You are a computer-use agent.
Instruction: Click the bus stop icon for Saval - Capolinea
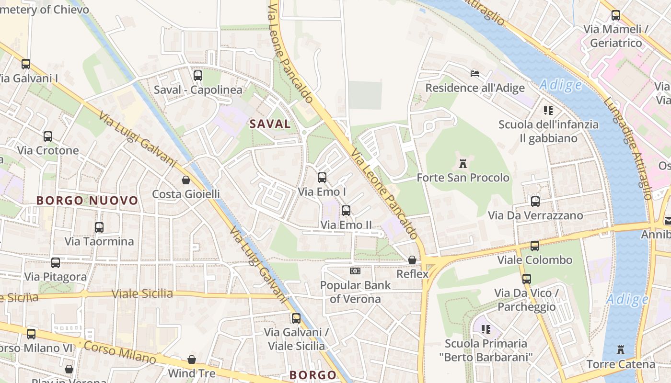[x=197, y=76]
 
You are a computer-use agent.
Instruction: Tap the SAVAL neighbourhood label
[x=270, y=124]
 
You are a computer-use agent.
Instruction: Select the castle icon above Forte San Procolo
[x=463, y=164]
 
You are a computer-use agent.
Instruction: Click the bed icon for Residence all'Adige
[x=474, y=74]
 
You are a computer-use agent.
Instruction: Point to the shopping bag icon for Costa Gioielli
[x=185, y=180]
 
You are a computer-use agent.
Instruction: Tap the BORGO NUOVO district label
[x=87, y=201]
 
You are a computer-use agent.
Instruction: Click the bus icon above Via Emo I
[x=322, y=178]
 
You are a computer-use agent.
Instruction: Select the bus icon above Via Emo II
[x=346, y=211]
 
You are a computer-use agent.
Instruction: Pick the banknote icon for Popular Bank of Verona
[x=355, y=271]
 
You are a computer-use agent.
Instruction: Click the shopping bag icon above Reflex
[x=412, y=260]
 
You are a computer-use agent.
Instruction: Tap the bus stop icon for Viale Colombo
[x=534, y=246]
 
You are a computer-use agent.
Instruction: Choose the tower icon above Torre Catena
[x=621, y=350]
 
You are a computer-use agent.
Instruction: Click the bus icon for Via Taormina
[x=99, y=227]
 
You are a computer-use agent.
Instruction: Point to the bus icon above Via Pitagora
[x=56, y=262]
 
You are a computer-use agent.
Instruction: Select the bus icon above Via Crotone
[x=47, y=136]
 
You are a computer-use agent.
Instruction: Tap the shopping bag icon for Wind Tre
[x=191, y=359]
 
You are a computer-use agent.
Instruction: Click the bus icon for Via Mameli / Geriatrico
[x=616, y=15]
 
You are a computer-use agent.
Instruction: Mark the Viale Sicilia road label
[x=142, y=293]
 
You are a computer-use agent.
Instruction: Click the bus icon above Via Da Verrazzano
[x=535, y=201]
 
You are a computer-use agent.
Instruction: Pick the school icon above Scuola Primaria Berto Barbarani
[x=486, y=329]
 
